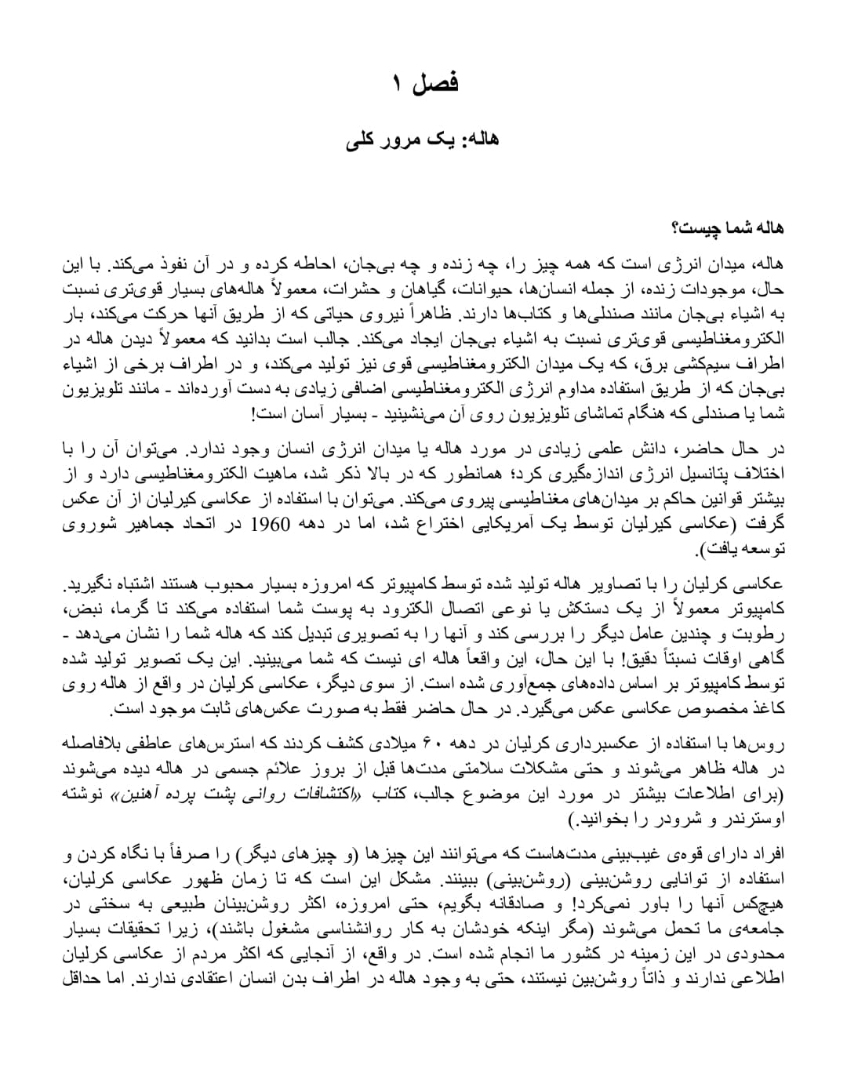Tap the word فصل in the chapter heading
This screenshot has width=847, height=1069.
(438, 82)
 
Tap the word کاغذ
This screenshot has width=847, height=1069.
(767, 707)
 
